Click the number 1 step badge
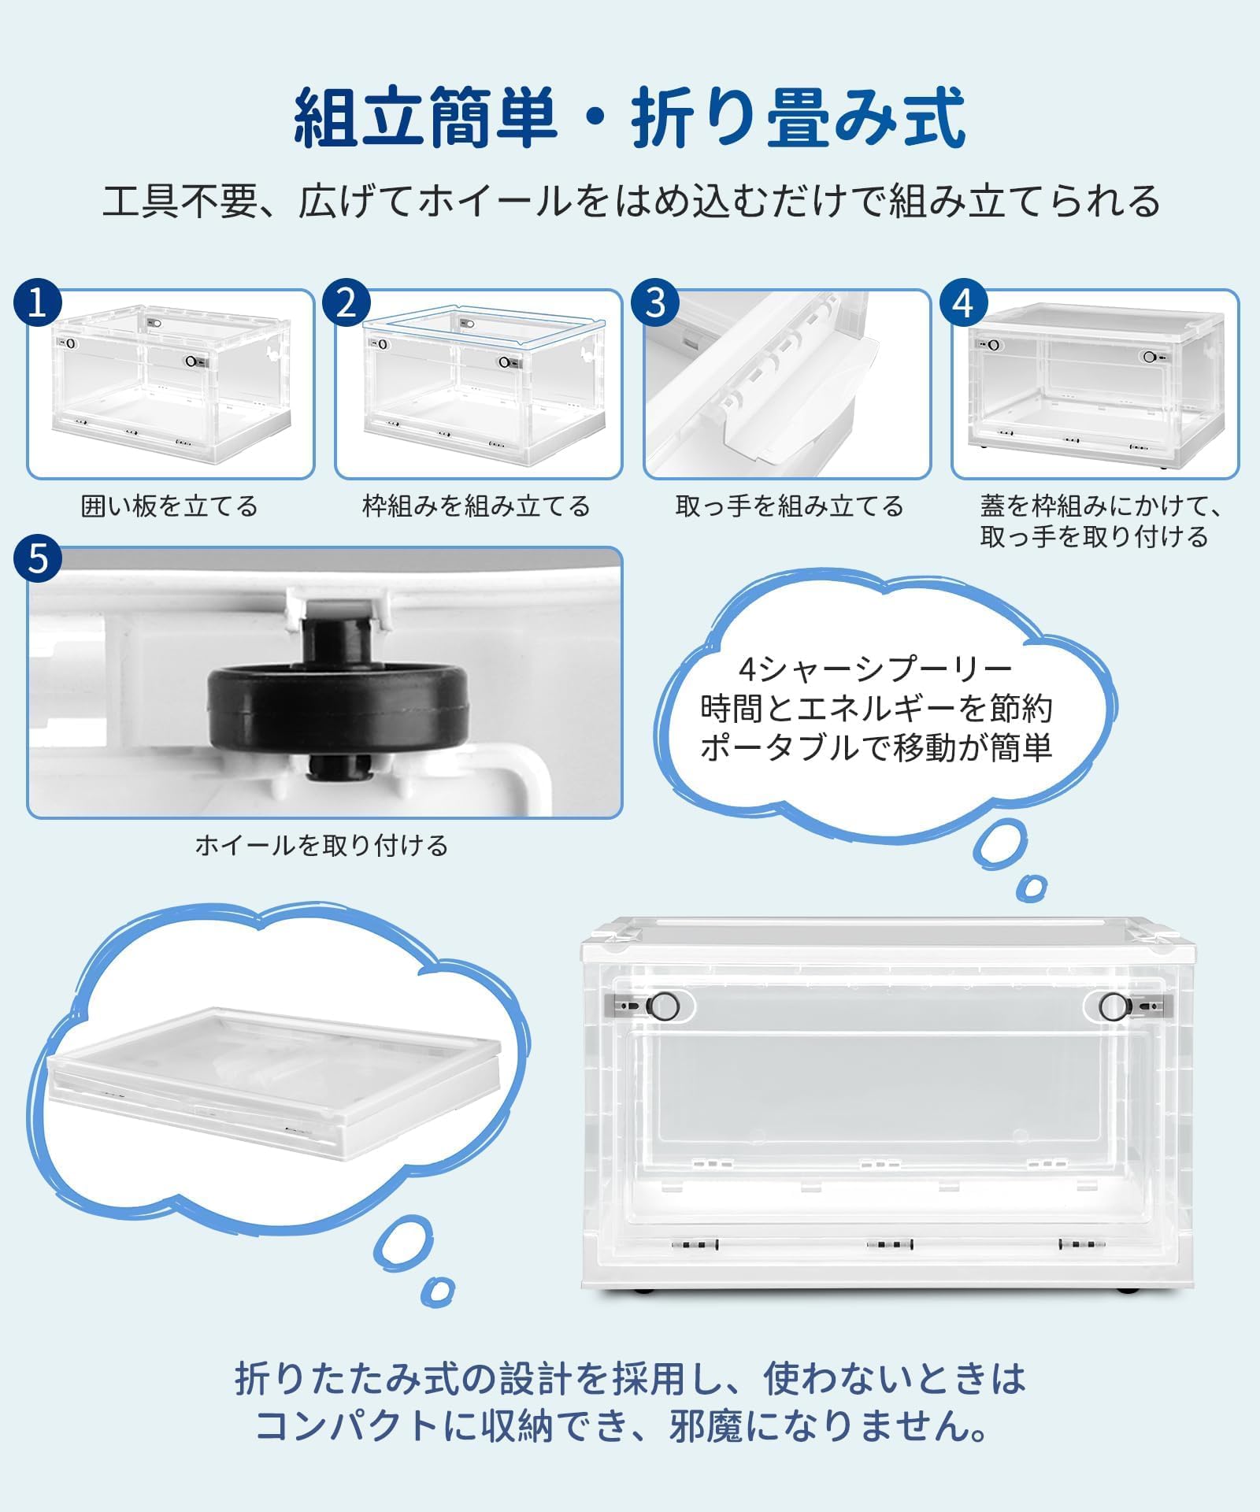point(37,302)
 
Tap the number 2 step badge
point(346,302)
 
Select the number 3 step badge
point(655,302)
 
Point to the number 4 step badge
point(963,302)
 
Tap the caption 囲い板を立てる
point(169,506)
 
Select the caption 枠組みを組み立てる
point(476,506)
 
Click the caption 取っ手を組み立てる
point(789,506)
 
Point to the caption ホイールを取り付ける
point(321,845)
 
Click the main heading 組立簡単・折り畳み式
point(630,118)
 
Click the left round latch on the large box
point(664,1005)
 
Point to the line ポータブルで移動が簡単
point(876,747)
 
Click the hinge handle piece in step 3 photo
point(795,386)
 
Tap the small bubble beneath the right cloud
point(1031,888)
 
